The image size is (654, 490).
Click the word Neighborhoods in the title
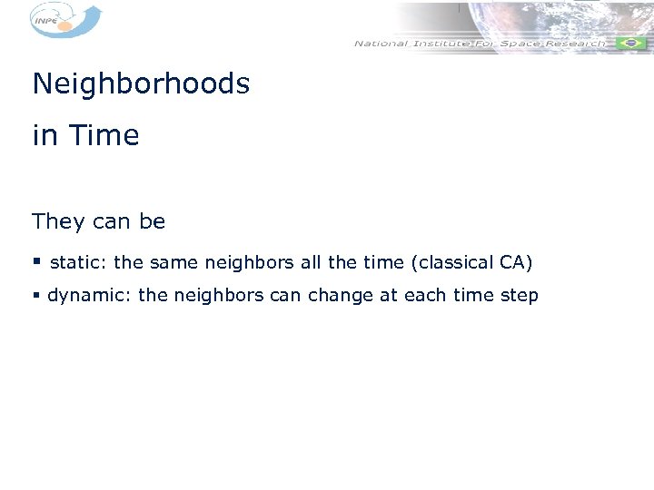point(141,84)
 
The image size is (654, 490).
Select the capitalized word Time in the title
point(104,136)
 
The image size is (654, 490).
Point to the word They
point(58,222)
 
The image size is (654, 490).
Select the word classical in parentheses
point(453,263)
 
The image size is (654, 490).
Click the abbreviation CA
point(514,263)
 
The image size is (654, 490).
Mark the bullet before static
point(36,263)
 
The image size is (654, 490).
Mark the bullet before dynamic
point(36,295)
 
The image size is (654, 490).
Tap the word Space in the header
point(511,43)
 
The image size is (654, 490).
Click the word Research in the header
point(571,43)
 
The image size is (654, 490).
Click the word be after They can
point(153,222)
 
